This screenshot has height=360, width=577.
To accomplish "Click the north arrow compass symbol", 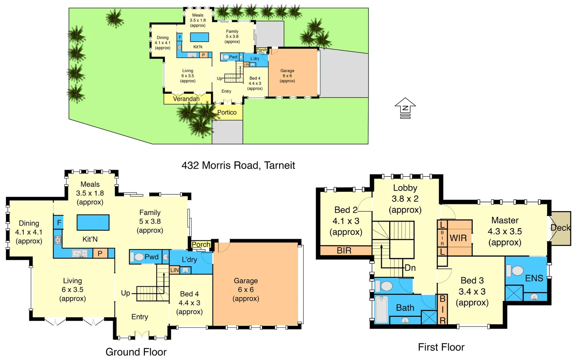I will (405, 108).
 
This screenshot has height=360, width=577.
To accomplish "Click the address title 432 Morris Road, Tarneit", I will (238, 165).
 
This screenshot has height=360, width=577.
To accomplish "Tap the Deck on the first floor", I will (561, 228).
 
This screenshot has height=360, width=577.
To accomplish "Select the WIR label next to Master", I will (458, 238).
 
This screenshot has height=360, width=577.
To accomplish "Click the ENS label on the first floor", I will (534, 278).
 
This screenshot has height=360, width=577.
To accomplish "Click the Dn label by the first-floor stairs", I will (410, 268).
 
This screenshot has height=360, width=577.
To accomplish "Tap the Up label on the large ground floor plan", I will (125, 293).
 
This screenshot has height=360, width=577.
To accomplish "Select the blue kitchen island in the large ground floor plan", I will (93, 222).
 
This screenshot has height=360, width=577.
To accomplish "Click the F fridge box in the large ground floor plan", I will (59, 222).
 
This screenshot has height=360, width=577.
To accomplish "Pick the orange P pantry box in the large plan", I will (100, 254).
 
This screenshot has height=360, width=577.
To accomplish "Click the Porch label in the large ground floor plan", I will (201, 244).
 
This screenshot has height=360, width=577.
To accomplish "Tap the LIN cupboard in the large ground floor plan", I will (175, 270).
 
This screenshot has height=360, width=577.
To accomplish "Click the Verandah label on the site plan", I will (186, 99).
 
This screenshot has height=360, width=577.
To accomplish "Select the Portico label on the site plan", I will (227, 112).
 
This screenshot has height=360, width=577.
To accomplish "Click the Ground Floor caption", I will (136, 352).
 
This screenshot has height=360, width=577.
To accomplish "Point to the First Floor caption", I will (441, 347).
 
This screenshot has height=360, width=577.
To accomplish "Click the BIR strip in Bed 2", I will (344, 250).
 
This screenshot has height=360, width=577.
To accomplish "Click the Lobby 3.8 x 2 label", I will (405, 199).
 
